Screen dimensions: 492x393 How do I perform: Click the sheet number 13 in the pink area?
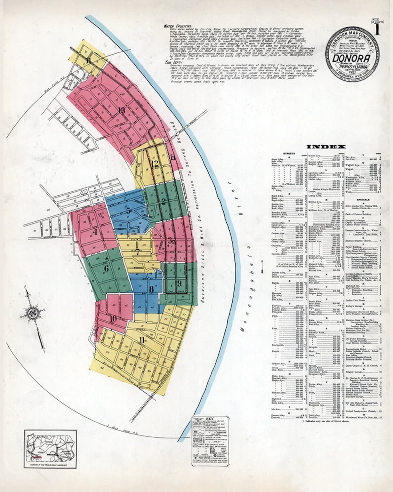122,110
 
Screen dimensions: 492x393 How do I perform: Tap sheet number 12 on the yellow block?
155,164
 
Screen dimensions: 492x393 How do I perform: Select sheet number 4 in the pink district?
95,231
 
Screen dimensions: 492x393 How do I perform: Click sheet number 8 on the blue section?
151,289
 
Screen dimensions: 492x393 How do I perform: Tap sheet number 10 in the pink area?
113,319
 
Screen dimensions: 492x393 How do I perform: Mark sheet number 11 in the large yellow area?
142,340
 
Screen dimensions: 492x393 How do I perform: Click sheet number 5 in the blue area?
128,210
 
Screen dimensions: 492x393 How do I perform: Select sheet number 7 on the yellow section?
137,251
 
